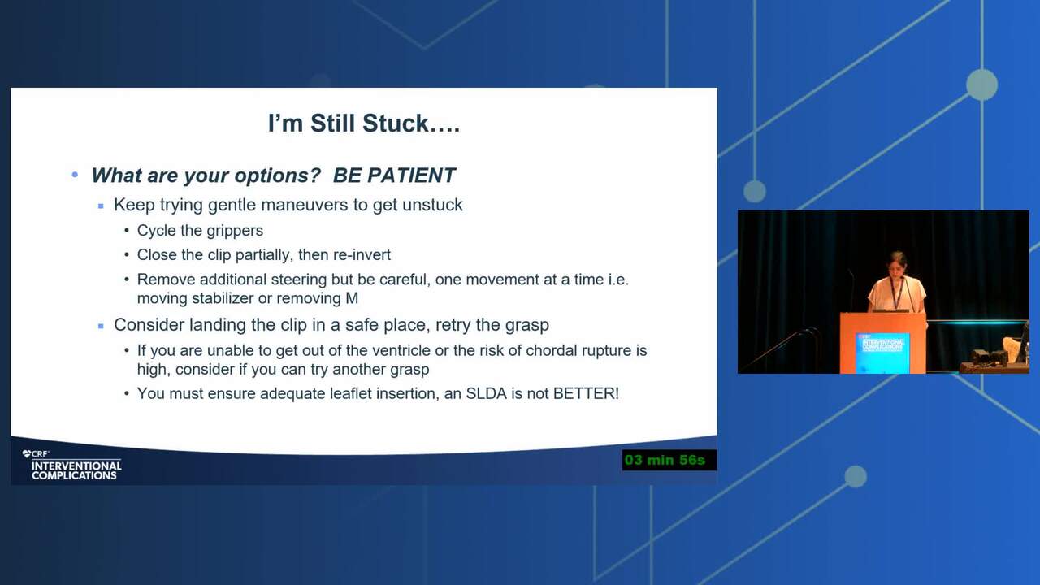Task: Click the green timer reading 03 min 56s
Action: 665,460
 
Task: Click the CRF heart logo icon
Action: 27,453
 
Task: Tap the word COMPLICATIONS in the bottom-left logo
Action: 74,475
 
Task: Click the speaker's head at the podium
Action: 897,265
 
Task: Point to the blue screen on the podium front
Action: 882,352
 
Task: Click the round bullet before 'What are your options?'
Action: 75,175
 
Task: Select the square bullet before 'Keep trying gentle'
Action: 101,206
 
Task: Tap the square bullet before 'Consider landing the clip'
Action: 101,326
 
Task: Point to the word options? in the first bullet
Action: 277,176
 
